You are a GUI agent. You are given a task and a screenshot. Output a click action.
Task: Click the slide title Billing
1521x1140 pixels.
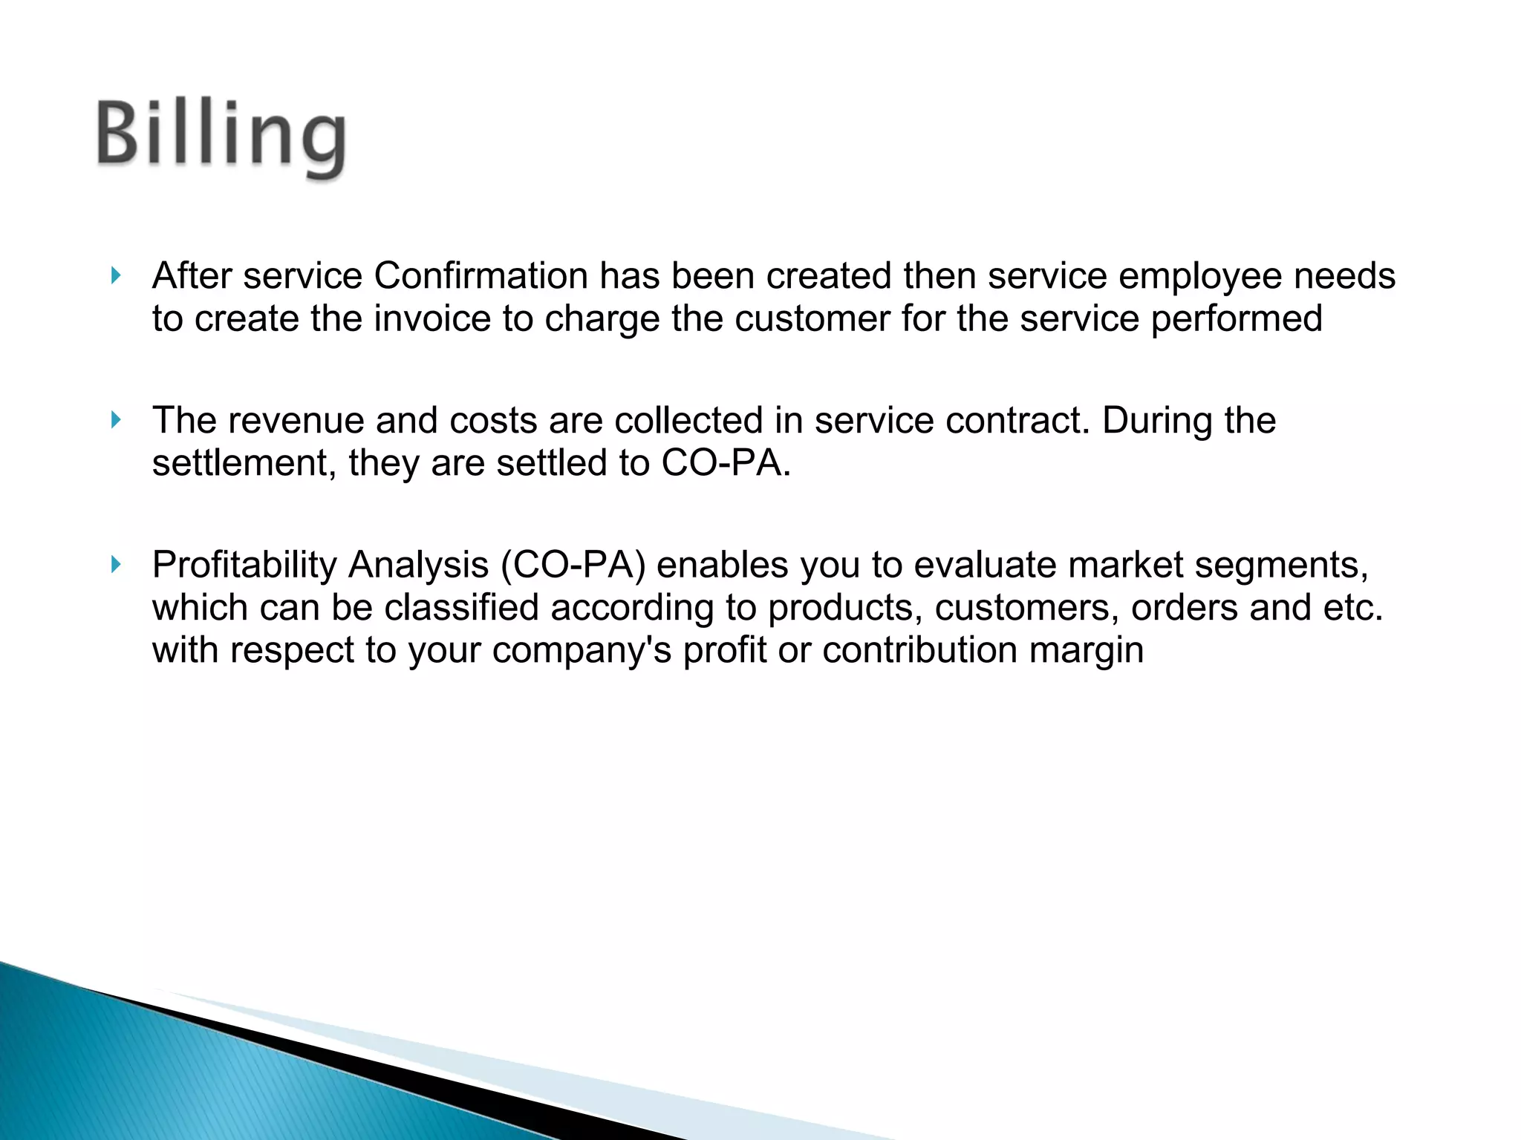pyautogui.click(x=221, y=137)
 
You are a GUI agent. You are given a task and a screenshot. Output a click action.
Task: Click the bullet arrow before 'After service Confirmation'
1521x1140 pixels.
pyautogui.click(x=116, y=276)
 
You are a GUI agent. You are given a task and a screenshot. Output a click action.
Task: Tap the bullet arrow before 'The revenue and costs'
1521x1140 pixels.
pyautogui.click(x=116, y=420)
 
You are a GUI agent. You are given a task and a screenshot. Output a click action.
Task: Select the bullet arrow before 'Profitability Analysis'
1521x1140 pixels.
pyautogui.click(x=116, y=565)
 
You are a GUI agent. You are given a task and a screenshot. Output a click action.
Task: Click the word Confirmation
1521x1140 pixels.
pyautogui.click(x=481, y=276)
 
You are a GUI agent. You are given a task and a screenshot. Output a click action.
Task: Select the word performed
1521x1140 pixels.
pyautogui.click(x=1237, y=319)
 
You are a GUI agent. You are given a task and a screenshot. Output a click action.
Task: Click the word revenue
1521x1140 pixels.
pyautogui.click(x=296, y=421)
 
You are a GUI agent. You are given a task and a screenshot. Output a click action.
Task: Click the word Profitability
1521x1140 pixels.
pyautogui.click(x=244, y=566)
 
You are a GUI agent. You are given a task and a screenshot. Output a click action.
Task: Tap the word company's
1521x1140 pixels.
pyautogui.click(x=582, y=651)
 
